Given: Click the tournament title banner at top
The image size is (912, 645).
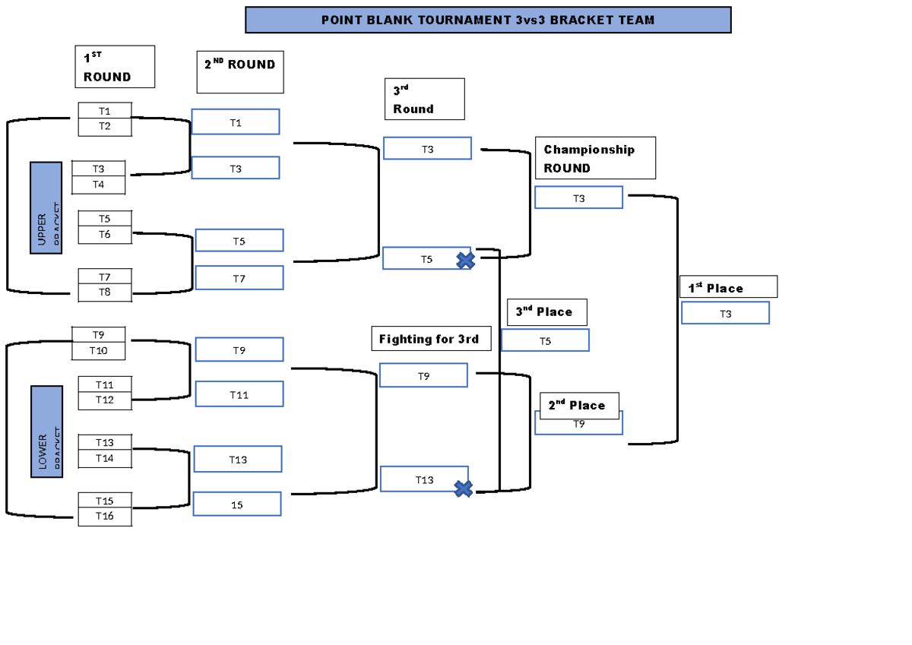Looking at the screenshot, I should tap(488, 21).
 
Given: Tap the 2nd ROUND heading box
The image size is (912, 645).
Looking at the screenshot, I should tap(240, 72).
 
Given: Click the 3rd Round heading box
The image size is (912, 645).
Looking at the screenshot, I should tap(424, 100).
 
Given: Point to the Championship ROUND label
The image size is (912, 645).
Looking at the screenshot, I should tap(594, 158).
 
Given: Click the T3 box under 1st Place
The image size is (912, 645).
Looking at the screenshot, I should tap(725, 313).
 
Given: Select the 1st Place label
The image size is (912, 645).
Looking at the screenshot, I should tap(728, 287).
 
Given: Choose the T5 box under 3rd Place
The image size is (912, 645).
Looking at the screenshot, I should tap(545, 341).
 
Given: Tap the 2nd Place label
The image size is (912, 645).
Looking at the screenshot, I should tap(579, 406).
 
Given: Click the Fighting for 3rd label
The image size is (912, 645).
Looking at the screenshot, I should tap(430, 339).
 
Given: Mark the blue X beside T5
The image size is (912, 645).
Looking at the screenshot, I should tap(465, 261).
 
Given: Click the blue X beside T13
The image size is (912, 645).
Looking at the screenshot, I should tap(463, 488).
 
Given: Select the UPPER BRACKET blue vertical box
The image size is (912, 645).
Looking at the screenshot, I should tap(46, 207).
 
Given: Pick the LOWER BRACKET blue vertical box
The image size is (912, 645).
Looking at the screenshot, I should tap(46, 432).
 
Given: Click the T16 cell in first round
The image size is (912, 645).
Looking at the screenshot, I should tap(105, 517).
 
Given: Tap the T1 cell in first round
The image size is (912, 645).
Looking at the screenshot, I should tap(105, 111).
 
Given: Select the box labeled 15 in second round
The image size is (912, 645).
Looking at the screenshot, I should tap(237, 504).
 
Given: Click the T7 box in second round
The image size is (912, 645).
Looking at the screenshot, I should tap(239, 278).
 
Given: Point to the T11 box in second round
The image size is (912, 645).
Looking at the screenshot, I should tap(239, 394).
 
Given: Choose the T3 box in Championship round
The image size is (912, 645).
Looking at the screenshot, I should tap(578, 198).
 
